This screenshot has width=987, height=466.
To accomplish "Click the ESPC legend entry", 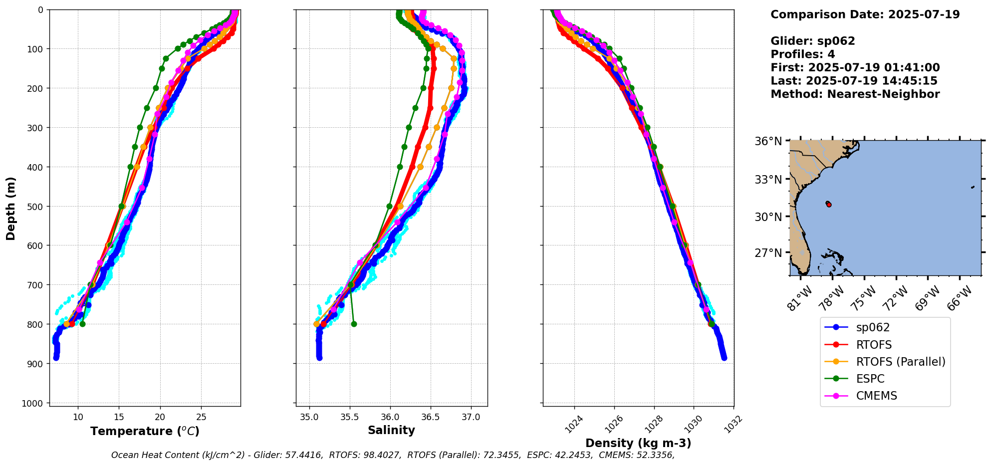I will [x=870, y=379].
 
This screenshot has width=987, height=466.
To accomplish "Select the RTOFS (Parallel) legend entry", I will [x=900, y=362].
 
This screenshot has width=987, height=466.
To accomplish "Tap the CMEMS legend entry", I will [x=876, y=396].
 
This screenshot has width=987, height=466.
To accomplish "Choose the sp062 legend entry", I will [x=873, y=327].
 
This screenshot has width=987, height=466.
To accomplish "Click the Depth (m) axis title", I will [x=11, y=208].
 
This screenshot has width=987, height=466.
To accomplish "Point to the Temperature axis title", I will [x=145, y=431].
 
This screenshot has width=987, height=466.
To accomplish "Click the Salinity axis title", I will [x=391, y=430].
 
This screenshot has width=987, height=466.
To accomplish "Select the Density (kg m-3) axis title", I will [x=638, y=443].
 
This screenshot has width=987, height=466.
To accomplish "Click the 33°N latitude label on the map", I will [x=767, y=179].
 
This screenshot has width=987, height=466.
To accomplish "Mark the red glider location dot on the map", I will [x=829, y=205].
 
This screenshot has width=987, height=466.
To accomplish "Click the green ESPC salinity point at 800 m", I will [x=354, y=324].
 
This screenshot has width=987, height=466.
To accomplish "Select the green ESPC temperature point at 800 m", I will [x=82, y=324].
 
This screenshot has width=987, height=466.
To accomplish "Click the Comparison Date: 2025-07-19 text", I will [x=865, y=14].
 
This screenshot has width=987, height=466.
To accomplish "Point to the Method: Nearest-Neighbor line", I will [x=855, y=94].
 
